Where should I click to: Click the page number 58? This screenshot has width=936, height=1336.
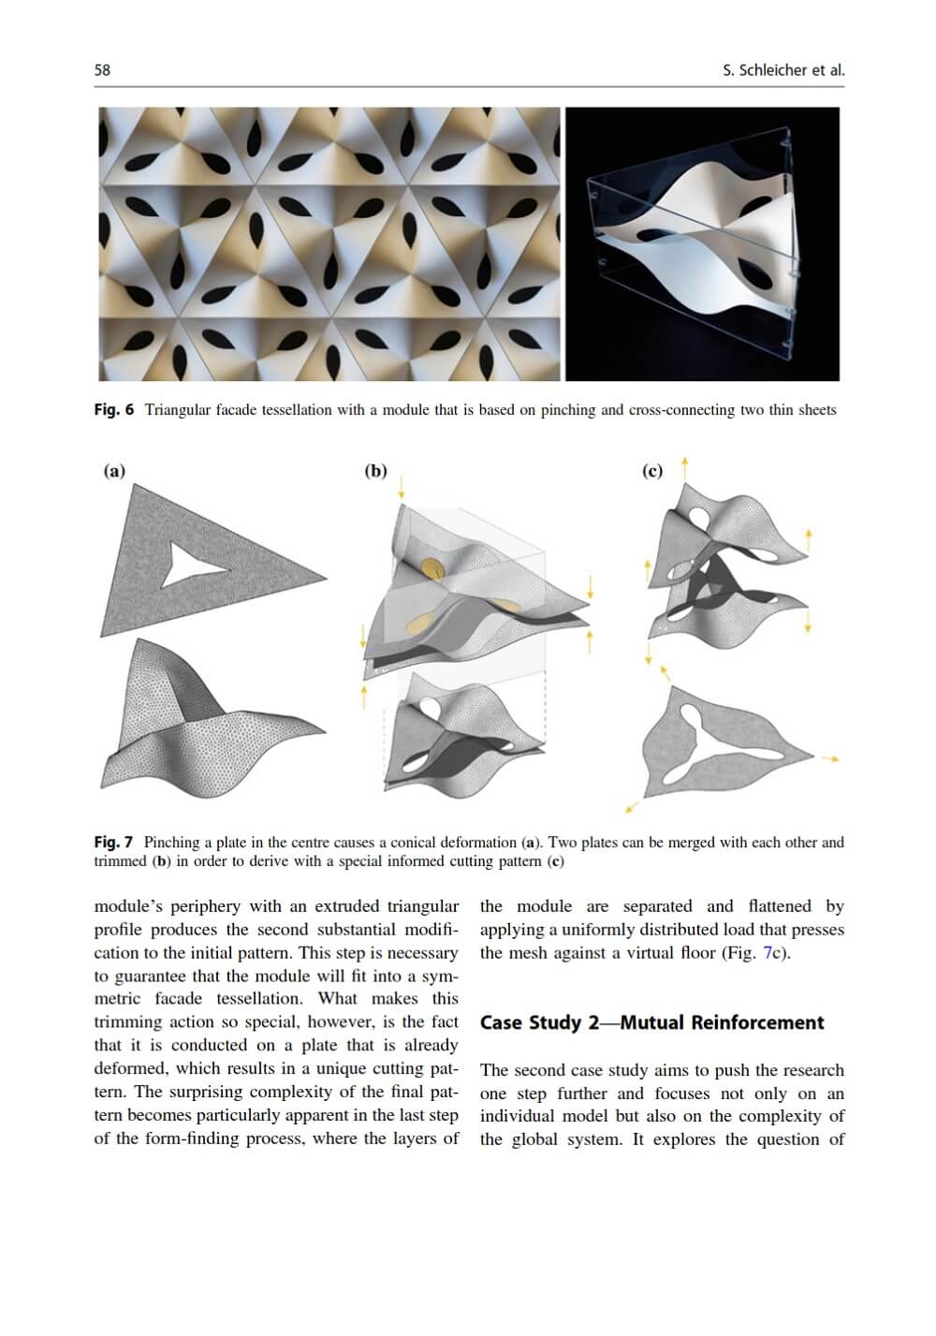tap(102, 70)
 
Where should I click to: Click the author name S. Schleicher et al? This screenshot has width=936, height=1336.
tap(783, 70)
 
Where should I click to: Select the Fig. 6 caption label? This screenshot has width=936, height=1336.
tap(114, 410)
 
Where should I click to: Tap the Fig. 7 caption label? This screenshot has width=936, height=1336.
tap(113, 843)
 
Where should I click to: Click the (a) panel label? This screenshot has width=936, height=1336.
tap(113, 471)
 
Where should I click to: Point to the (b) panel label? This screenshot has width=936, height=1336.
tap(375, 471)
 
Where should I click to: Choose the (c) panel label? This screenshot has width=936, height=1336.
tap(652, 471)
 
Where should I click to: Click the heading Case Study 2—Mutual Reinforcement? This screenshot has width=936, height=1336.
tap(651, 1022)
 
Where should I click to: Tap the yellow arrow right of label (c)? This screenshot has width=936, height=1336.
tap(685, 466)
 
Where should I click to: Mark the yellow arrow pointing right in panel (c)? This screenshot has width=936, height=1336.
tap(829, 757)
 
